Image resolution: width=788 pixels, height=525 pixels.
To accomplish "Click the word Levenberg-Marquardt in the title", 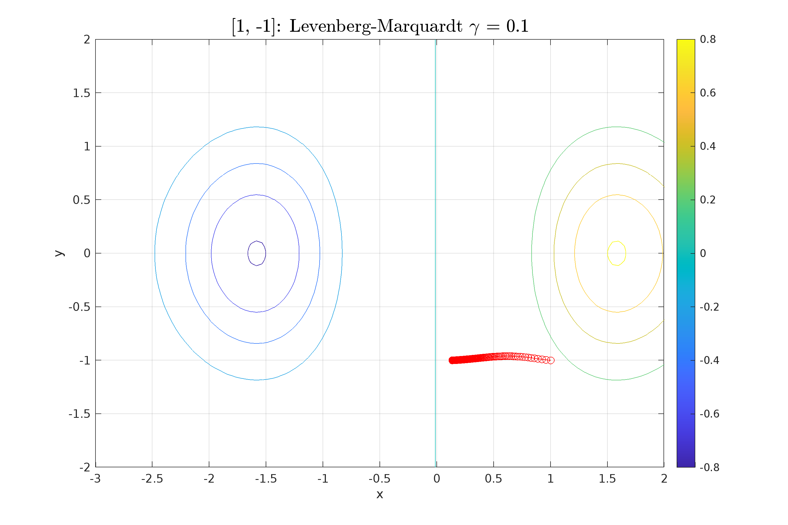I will click(376, 26).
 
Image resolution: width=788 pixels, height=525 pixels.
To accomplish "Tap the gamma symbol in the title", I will click(474, 27).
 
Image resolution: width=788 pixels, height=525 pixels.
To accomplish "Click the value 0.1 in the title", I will click(517, 26).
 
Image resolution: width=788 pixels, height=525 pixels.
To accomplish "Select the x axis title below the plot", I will click(379, 494).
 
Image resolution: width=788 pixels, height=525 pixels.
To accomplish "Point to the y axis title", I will click(59, 253).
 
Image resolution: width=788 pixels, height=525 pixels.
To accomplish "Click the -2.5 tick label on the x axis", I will click(152, 479).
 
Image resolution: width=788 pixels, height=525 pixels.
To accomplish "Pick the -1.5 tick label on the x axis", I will click(266, 479).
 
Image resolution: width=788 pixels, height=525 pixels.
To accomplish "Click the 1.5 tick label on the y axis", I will click(82, 93).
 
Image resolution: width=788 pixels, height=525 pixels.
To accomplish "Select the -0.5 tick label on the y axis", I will click(79, 307).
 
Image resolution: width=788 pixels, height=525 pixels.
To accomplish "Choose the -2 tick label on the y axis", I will click(85, 467).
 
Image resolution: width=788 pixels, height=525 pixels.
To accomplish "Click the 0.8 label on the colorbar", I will click(708, 39).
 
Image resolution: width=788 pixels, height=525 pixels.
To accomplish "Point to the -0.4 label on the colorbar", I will click(709, 360).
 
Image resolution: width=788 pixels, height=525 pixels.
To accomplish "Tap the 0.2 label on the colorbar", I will click(708, 200).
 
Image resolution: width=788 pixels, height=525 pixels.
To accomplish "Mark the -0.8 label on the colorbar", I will click(709, 467).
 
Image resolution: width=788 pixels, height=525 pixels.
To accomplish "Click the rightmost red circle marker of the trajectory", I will click(551, 360).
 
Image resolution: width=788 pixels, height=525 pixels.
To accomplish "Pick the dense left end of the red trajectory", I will click(452, 360).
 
